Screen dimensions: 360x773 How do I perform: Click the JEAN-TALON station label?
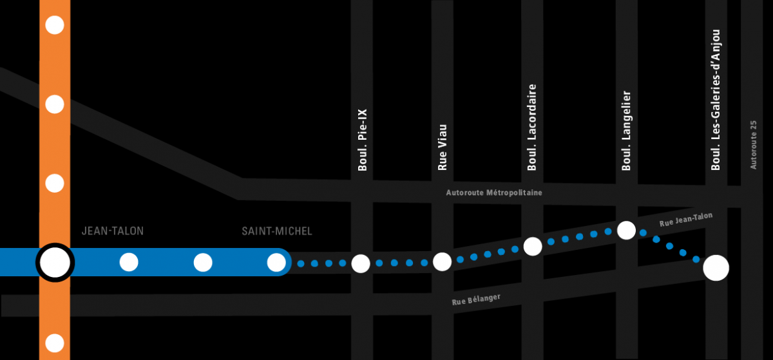tap(113, 231)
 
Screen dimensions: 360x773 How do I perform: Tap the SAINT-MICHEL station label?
tap(276, 231)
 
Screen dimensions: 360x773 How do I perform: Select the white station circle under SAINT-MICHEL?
tap(276, 262)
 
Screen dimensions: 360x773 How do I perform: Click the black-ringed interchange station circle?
tap(55, 262)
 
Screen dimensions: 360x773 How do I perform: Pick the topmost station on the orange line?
tap(55, 25)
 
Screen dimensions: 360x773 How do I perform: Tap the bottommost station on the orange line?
tap(55, 343)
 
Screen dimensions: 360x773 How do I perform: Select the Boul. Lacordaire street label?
tap(532, 128)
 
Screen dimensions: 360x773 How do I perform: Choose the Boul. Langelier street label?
tap(626, 131)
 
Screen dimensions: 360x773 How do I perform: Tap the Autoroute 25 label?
tap(753, 145)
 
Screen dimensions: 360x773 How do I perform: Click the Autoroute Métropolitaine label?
tap(494, 193)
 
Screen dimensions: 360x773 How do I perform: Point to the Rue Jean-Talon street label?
tap(686, 220)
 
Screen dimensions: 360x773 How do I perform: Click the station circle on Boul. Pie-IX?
tap(361, 263)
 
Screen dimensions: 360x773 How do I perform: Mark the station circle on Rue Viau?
tap(442, 261)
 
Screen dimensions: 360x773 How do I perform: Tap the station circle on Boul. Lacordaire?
tap(533, 246)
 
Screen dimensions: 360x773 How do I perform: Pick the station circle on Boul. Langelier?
tap(626, 230)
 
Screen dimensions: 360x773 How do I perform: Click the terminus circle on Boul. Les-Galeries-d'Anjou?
tap(716, 267)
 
